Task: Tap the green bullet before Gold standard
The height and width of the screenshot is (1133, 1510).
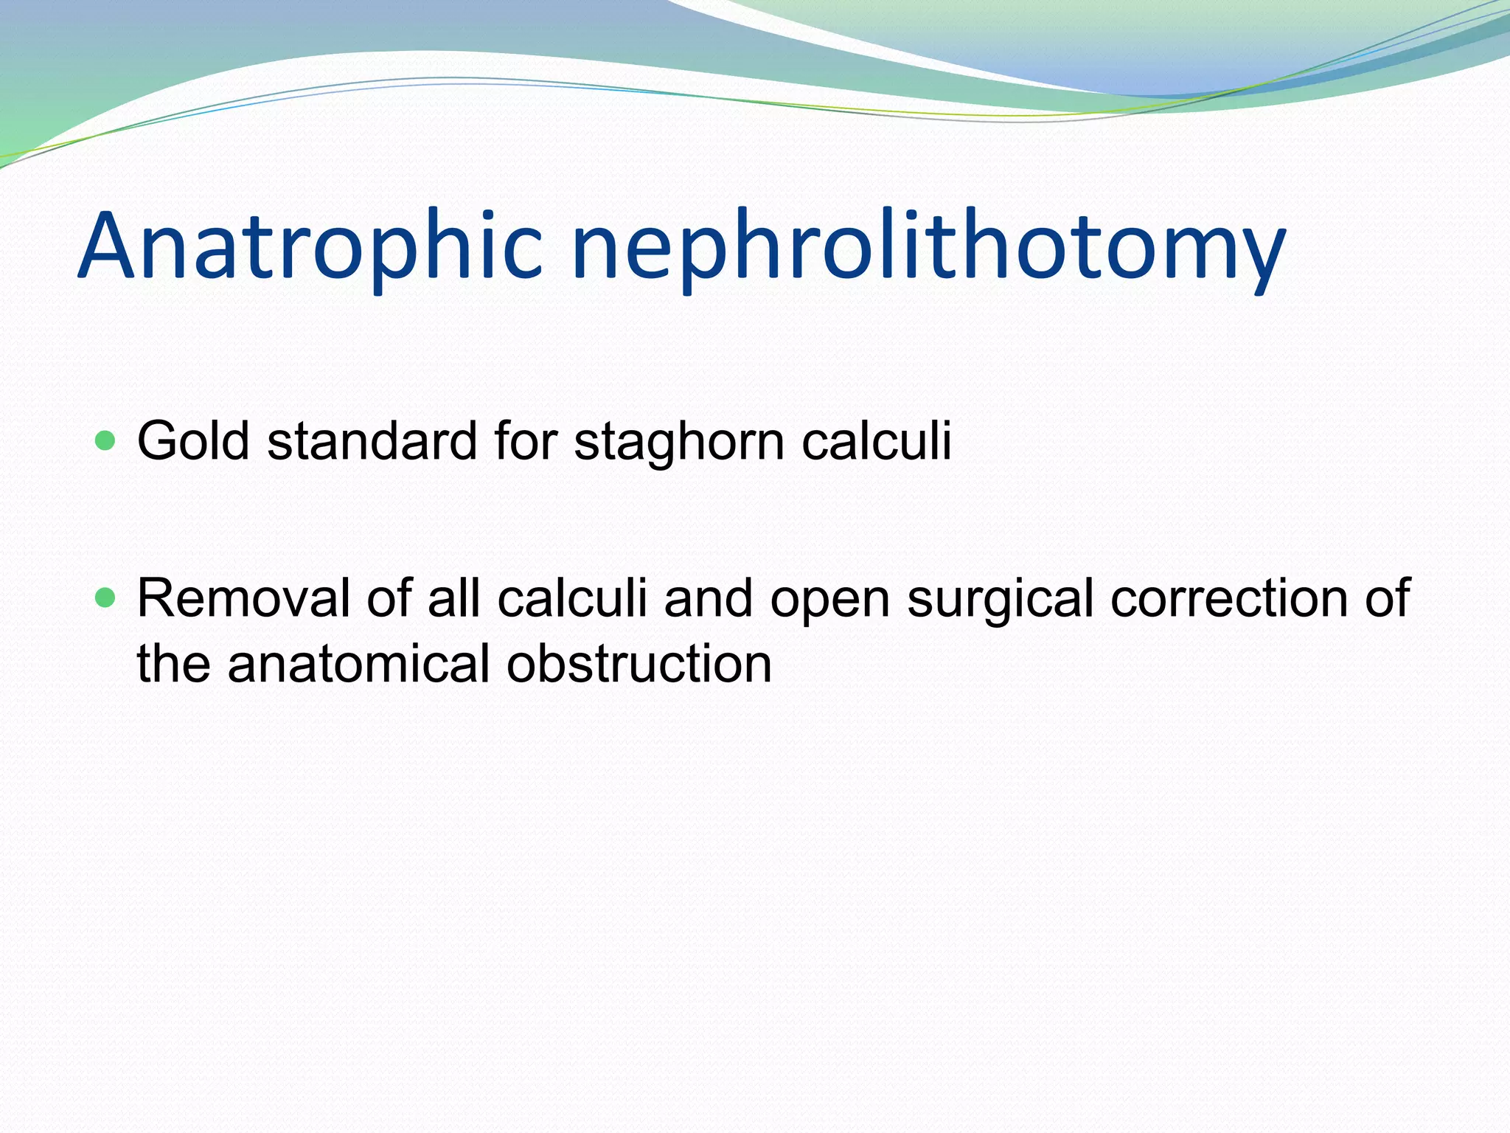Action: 106,441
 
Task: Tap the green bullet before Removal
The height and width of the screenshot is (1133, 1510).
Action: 106,597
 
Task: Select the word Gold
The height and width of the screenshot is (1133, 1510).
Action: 193,441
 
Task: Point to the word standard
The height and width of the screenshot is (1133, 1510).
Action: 372,441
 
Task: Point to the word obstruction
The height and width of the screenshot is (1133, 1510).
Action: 639,663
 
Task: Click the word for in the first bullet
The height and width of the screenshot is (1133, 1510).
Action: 525,441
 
